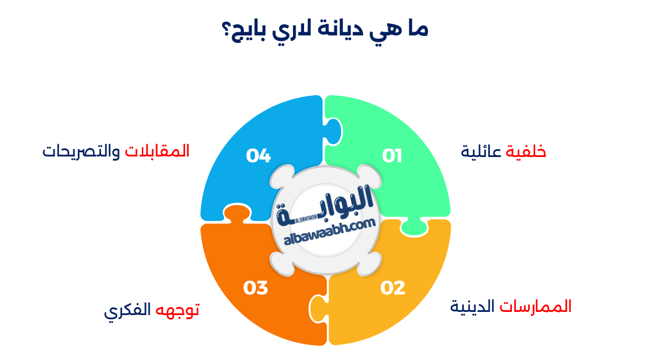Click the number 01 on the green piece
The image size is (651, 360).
392,156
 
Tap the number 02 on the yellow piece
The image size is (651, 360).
393,288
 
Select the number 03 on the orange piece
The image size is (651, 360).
256,288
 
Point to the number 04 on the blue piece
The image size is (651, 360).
259,156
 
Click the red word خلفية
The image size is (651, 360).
526,152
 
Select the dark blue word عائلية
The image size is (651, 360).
482,152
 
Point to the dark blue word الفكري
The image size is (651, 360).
127,311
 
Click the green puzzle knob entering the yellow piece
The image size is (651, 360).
414,227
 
